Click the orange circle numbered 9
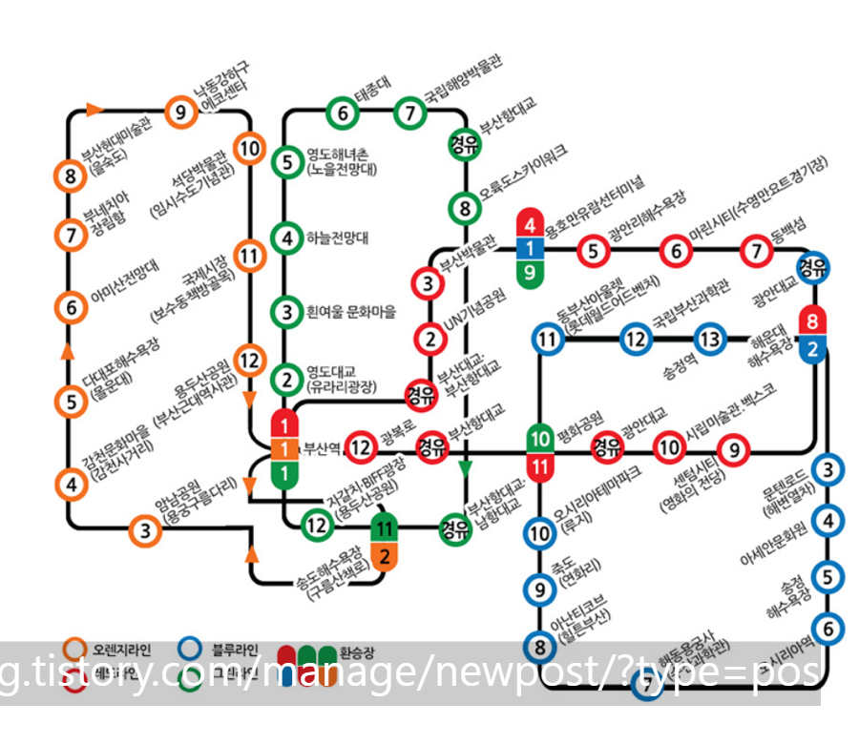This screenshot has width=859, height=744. tap(179, 113)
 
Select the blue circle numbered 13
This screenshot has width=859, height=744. tap(709, 338)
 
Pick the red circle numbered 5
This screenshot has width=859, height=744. tap(594, 251)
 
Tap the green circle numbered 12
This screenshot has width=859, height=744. tap(316, 525)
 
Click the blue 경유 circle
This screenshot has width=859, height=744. tap(812, 266)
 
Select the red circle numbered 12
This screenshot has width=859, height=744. tap(361, 445)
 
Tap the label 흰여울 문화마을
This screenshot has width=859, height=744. tap(349, 311)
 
